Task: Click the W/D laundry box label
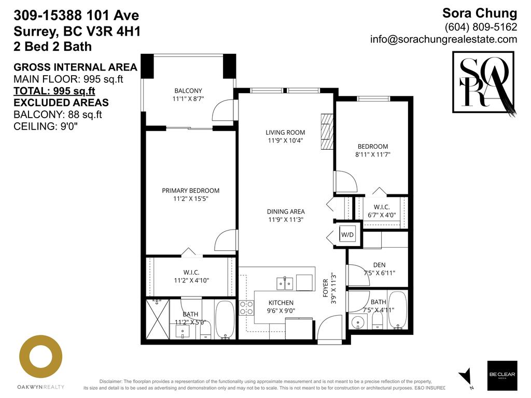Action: click(x=347, y=235)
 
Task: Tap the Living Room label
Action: click(x=285, y=133)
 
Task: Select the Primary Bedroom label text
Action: click(x=190, y=191)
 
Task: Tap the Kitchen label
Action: click(x=281, y=303)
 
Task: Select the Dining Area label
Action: click(x=286, y=211)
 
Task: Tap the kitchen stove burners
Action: click(x=245, y=308)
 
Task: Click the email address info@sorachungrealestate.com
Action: click(x=443, y=39)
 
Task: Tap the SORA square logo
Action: click(x=483, y=82)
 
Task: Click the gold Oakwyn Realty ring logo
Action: click(x=41, y=356)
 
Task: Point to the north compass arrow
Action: click(x=466, y=376)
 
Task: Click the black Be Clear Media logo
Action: click(x=502, y=376)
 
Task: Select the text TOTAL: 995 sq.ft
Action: click(x=54, y=91)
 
